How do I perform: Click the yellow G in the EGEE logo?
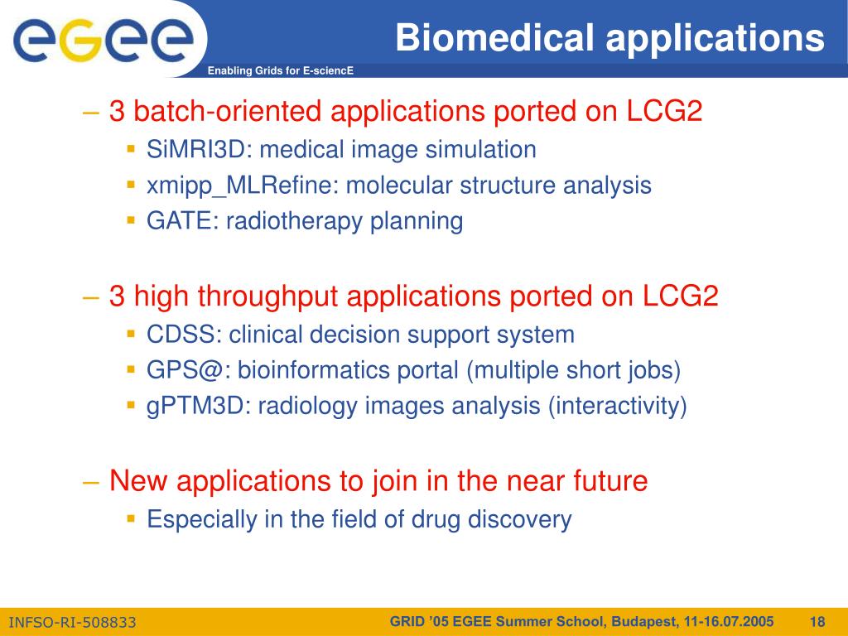tap(80, 40)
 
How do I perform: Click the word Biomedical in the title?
tap(494, 37)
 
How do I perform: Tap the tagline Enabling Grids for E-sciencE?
tap(280, 70)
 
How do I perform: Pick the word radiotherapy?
tap(294, 221)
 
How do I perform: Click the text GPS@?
tap(187, 370)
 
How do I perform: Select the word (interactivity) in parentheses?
tap(617, 406)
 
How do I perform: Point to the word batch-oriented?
tap(228, 111)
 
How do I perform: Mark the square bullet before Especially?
tap(131, 518)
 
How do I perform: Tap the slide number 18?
tap(817, 622)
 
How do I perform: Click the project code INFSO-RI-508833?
tap(73, 623)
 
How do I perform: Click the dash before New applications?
tap(91, 482)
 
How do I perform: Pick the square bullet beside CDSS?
tap(131, 334)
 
